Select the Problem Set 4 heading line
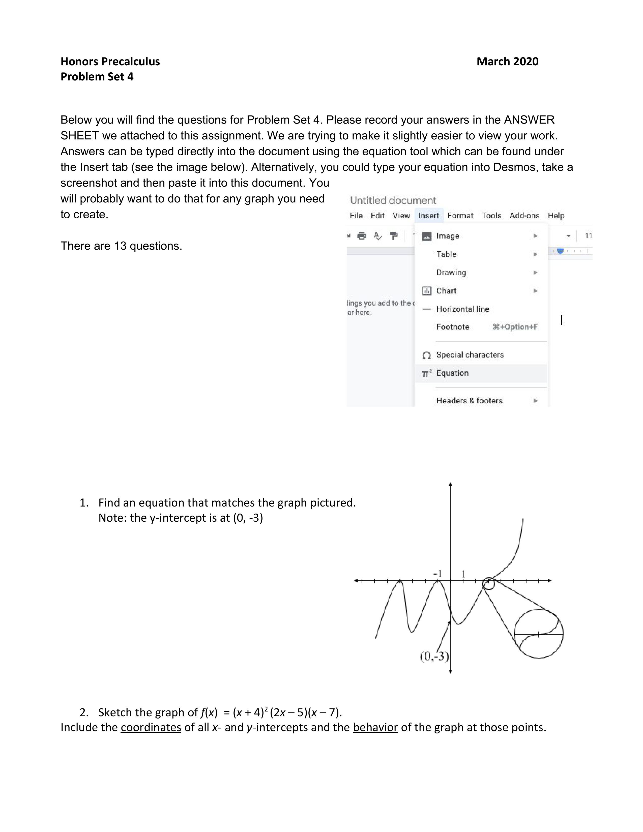[97, 77]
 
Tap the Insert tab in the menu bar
[428, 216]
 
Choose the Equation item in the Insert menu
[452, 373]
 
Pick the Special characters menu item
[470, 355]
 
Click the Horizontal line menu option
[462, 309]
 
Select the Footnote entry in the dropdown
[453, 327]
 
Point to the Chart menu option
[446, 291]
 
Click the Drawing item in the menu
[451, 272]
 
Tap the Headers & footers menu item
[469, 400]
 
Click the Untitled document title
[393, 200]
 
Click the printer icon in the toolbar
[362, 236]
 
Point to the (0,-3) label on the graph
[434, 656]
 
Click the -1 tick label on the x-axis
[437, 573]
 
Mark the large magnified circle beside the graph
[539, 634]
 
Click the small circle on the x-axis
[489, 583]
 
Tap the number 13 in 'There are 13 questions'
[120, 246]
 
